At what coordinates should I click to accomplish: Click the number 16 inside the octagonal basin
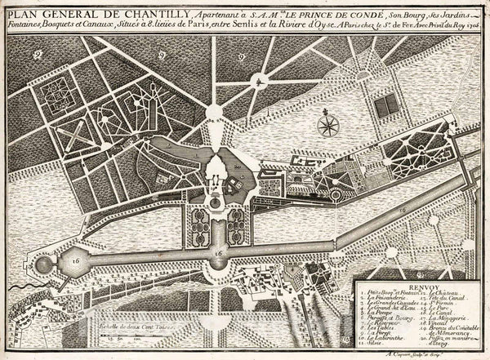point(217,254)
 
